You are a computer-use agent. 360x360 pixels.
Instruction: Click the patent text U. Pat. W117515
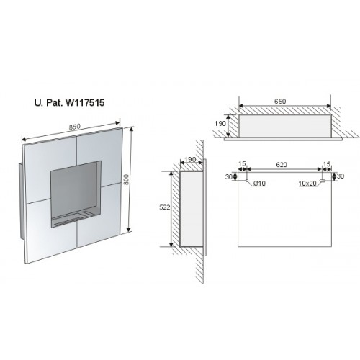[70, 103]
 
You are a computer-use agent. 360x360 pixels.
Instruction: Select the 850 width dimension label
[74, 127]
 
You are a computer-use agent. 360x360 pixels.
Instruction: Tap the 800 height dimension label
[126, 179]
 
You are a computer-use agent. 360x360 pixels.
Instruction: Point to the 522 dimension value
[165, 207]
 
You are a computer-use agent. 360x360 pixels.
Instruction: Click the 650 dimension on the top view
[280, 102]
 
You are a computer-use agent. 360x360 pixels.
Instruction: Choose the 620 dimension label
[282, 165]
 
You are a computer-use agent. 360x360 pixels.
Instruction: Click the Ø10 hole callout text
[259, 184]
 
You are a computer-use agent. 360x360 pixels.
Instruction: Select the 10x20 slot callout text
[307, 184]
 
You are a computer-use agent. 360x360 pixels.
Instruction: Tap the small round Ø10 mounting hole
[247, 181]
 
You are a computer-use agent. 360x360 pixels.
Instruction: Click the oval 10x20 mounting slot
[323, 181]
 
